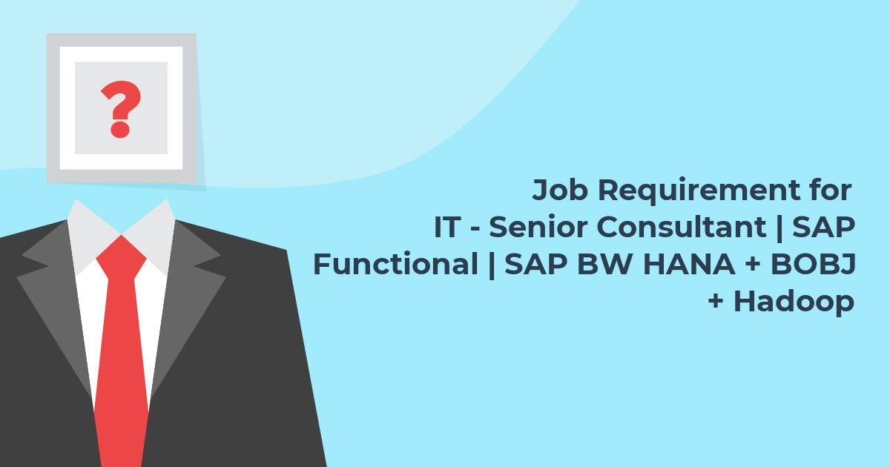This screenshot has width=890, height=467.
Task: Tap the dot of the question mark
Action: click(120, 130)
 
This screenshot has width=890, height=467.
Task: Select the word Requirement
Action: click(699, 191)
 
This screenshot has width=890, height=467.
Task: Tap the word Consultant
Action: click(682, 227)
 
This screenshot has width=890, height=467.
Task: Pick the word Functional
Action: click(396, 264)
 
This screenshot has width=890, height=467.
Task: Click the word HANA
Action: click(689, 264)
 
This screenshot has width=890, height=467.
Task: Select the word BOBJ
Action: click(813, 265)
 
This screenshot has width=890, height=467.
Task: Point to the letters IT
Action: click(447, 227)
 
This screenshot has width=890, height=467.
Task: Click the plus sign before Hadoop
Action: click(716, 301)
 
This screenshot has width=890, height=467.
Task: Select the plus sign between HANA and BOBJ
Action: click(753, 264)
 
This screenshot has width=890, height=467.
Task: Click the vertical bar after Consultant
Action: click(779, 228)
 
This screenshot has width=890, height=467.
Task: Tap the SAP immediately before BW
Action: click(536, 264)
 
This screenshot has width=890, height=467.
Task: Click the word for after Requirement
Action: click(831, 190)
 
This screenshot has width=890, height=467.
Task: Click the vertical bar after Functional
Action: click(491, 265)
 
